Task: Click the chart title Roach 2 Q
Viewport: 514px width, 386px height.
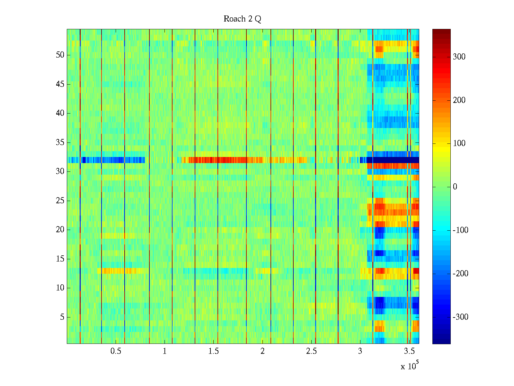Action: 242,19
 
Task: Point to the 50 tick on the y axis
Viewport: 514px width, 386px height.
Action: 60,55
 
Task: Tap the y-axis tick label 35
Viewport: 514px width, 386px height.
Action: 60,142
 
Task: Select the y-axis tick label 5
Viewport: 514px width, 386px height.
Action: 62,317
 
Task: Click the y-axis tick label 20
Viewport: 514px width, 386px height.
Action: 60,230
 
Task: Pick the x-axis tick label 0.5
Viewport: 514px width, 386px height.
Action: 116,351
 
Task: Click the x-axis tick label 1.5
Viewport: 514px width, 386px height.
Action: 214,351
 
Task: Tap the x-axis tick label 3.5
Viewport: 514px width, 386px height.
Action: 409,351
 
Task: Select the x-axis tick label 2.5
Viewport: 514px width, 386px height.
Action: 311,351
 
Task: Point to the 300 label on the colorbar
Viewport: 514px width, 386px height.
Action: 459,57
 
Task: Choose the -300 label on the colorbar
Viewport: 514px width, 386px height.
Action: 460,317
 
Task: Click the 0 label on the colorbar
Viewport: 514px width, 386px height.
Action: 455,187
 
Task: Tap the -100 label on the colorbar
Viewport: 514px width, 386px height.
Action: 460,230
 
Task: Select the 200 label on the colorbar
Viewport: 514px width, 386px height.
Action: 459,100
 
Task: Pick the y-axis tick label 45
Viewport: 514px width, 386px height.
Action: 60,84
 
